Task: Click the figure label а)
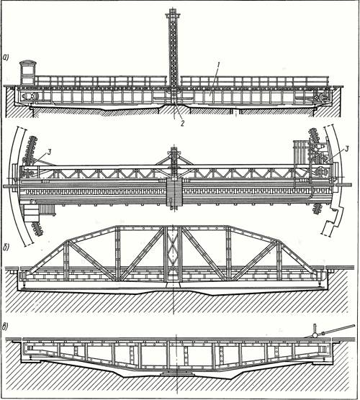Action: pos(6,58)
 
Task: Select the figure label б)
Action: pos(6,248)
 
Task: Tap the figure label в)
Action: pos(6,327)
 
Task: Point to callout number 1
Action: pos(217,65)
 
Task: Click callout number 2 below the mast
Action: pos(182,124)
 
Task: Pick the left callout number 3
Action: pos(49,153)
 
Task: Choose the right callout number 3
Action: pos(346,149)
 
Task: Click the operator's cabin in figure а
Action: pos(27,73)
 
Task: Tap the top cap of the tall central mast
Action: pos(173,13)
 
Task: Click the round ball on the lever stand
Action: pos(316,335)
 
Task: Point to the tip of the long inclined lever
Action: pos(354,325)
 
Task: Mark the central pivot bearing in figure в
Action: pos(176,373)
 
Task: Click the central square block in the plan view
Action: pos(174,192)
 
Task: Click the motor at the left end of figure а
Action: pos(30,96)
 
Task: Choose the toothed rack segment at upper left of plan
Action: pos(30,149)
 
